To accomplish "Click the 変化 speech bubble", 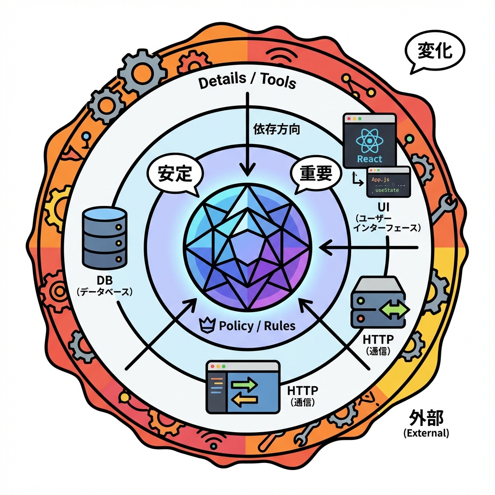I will [x=434, y=51].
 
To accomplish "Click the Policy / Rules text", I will [x=256, y=325].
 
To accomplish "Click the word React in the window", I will [x=369, y=159].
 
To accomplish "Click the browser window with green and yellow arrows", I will [x=243, y=387].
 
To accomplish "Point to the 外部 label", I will [x=425, y=416].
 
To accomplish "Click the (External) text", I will [x=426, y=433].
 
